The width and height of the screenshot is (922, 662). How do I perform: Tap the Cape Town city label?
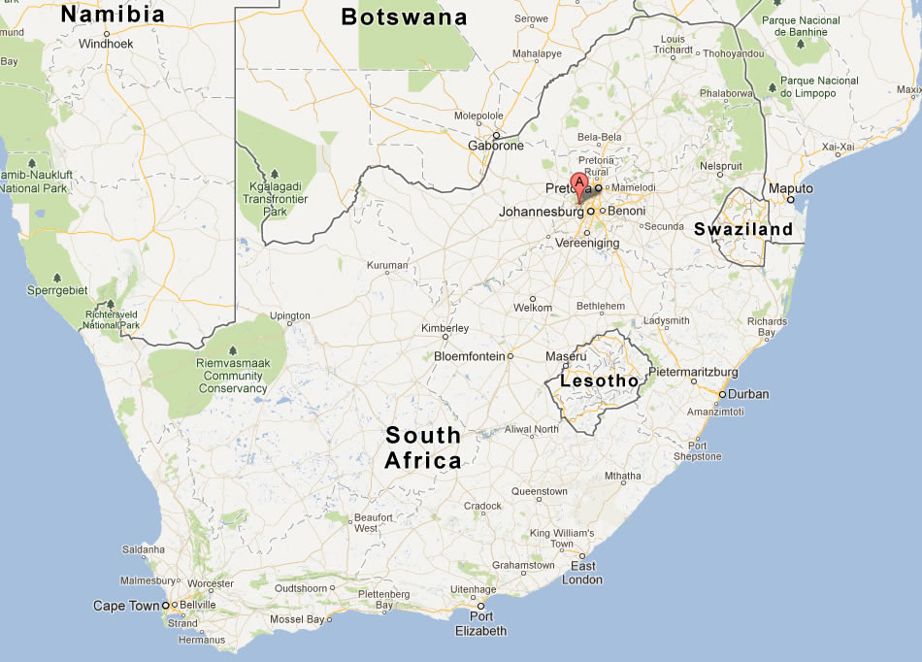[x=125, y=606]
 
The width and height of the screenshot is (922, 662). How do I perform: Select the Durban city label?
[x=748, y=394]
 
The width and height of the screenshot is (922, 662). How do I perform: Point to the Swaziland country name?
[x=743, y=229]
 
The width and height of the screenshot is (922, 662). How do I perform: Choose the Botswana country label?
[x=405, y=17]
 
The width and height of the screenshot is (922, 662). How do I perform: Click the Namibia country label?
[x=113, y=14]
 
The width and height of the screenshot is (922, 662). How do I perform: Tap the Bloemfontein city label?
[x=470, y=356]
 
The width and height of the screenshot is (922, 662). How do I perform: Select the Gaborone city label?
[x=496, y=147]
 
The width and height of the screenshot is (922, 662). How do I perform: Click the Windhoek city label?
[x=107, y=44]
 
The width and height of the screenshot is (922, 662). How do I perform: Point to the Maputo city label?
[x=790, y=187]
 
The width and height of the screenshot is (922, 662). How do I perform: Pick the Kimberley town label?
[x=445, y=328]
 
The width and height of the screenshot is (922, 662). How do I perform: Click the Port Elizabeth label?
[x=481, y=623]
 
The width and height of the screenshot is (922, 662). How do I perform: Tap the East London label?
[x=582, y=573]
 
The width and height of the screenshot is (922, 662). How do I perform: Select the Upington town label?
[x=290, y=315]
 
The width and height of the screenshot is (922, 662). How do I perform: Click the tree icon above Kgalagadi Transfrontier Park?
[x=275, y=174]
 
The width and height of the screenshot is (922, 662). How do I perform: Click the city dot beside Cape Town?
[x=166, y=606]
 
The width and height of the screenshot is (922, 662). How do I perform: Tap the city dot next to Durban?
[x=721, y=394]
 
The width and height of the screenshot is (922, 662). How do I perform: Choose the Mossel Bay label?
[x=297, y=619]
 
